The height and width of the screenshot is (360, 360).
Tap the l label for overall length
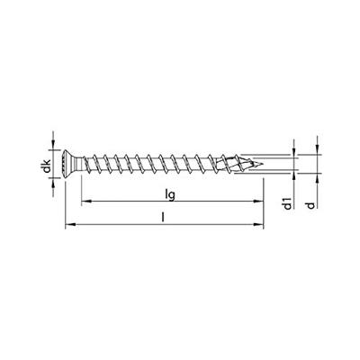pyautogui.click(x=161, y=217)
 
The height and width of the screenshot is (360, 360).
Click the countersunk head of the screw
pyautogui.click(x=69, y=166)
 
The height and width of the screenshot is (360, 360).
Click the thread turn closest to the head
pyautogui.click(x=93, y=166)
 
